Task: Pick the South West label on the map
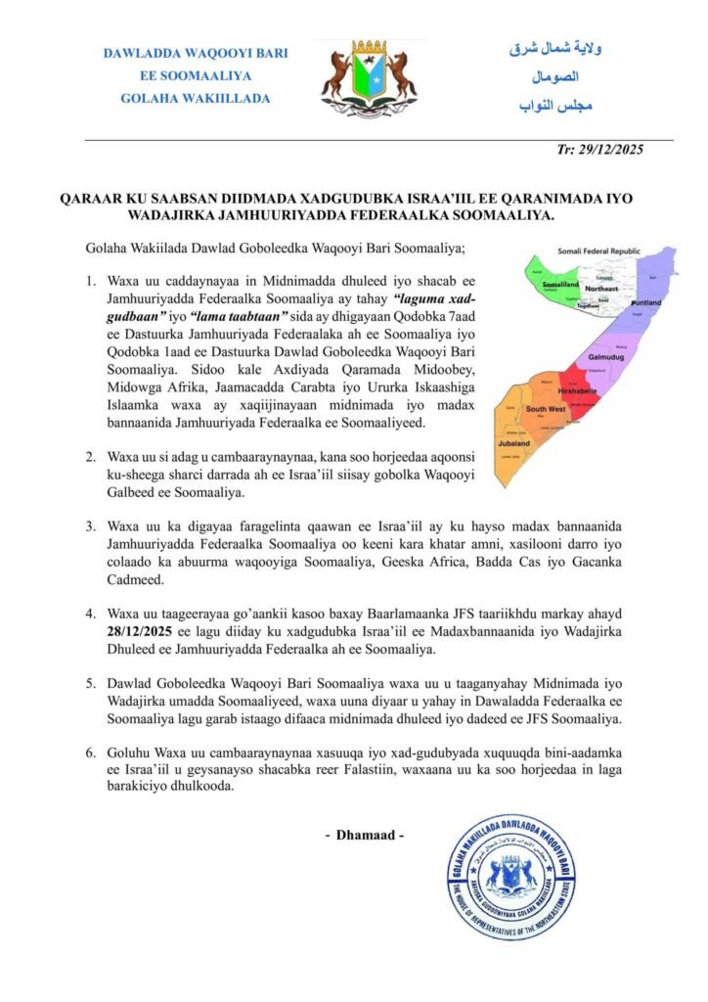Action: pos(545,409)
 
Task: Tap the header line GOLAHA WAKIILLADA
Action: pos(195,98)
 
